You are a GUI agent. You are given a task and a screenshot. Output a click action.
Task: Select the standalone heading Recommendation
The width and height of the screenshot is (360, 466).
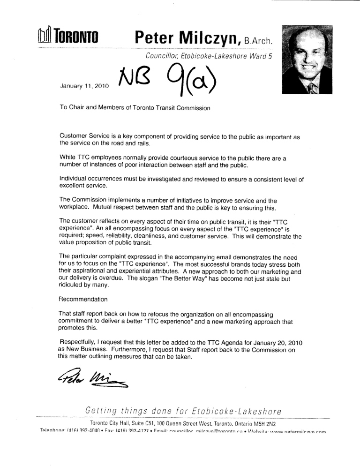(x=83, y=299)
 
